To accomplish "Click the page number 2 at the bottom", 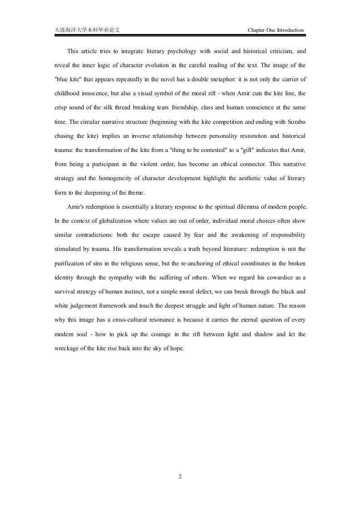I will (180, 476).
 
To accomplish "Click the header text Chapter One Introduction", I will (276, 30).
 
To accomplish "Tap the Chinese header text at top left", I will (87, 30).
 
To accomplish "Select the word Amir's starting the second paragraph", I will (76, 206).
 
